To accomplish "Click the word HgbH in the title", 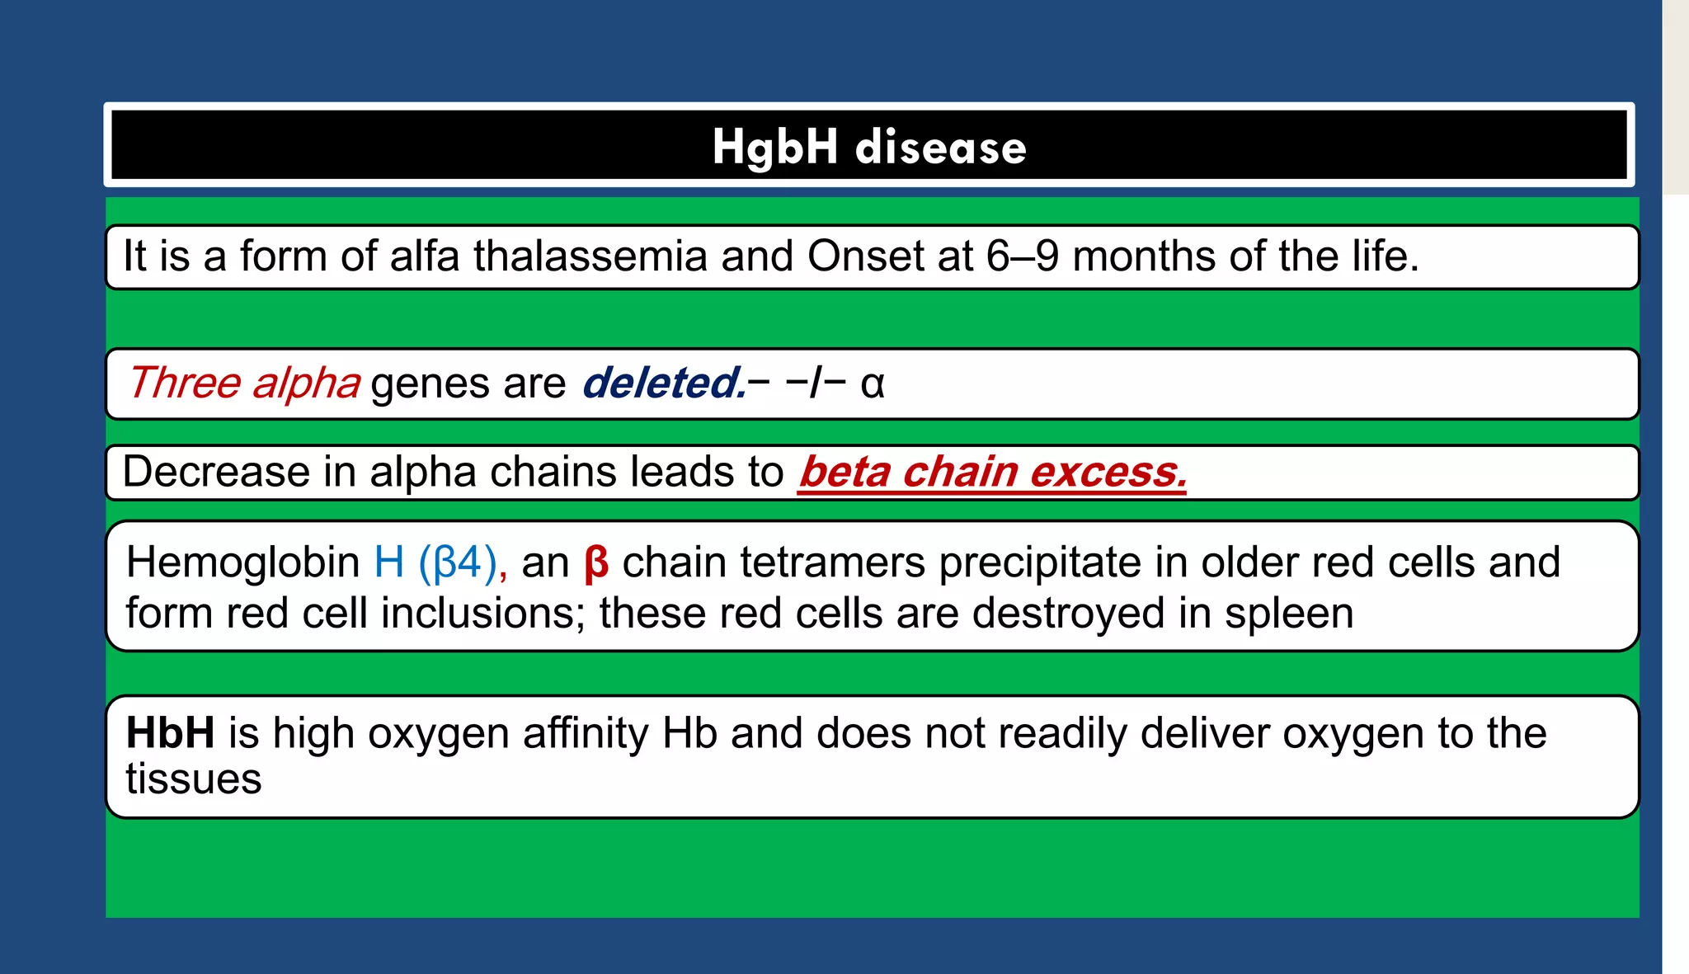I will click(774, 148).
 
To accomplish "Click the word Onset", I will click(865, 256).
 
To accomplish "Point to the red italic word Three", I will click(183, 383).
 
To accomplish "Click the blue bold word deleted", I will click(663, 383).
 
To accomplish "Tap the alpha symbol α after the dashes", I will click(872, 384).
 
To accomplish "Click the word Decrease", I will click(216, 473).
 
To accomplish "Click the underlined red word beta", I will click(844, 473).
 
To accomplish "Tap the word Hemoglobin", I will click(242, 562).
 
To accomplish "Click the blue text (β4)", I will click(458, 562).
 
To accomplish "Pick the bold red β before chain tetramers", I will click(595, 564).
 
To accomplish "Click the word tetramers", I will click(832, 562).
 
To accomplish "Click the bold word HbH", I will click(170, 733).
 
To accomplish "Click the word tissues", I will click(193, 779).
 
